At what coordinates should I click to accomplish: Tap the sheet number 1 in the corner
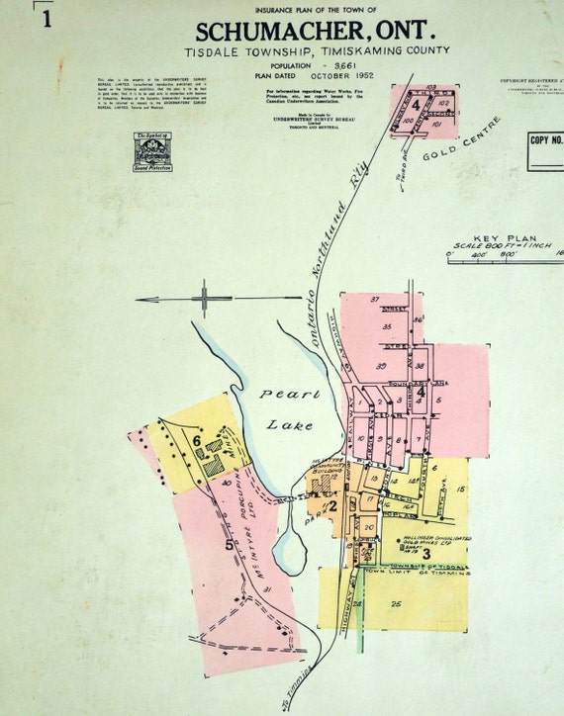pyautogui.click(x=47, y=18)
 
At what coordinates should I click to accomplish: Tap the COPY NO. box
pyautogui.click(x=546, y=140)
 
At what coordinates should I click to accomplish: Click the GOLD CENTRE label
pyautogui.click(x=462, y=143)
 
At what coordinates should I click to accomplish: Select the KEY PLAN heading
pyautogui.click(x=505, y=240)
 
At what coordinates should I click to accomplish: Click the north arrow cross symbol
pyautogui.click(x=204, y=295)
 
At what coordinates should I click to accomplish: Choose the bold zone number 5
pyautogui.click(x=229, y=543)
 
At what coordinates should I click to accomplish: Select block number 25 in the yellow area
pyautogui.click(x=397, y=602)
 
